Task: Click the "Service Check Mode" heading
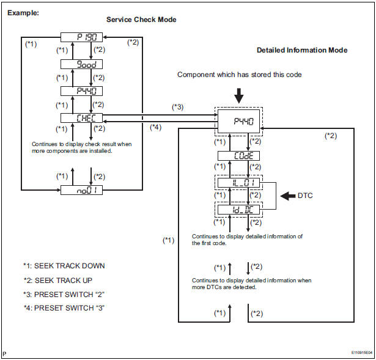(141, 20)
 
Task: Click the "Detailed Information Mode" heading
(302, 50)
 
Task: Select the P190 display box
(82, 37)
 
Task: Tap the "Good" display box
(82, 64)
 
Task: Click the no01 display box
(82, 190)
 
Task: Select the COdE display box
(239, 155)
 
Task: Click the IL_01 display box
(239, 182)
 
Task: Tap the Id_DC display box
(239, 210)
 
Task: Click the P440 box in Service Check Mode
(82, 90)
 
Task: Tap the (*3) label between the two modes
(178, 107)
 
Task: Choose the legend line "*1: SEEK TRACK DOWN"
(64, 266)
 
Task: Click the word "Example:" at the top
(23, 12)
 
